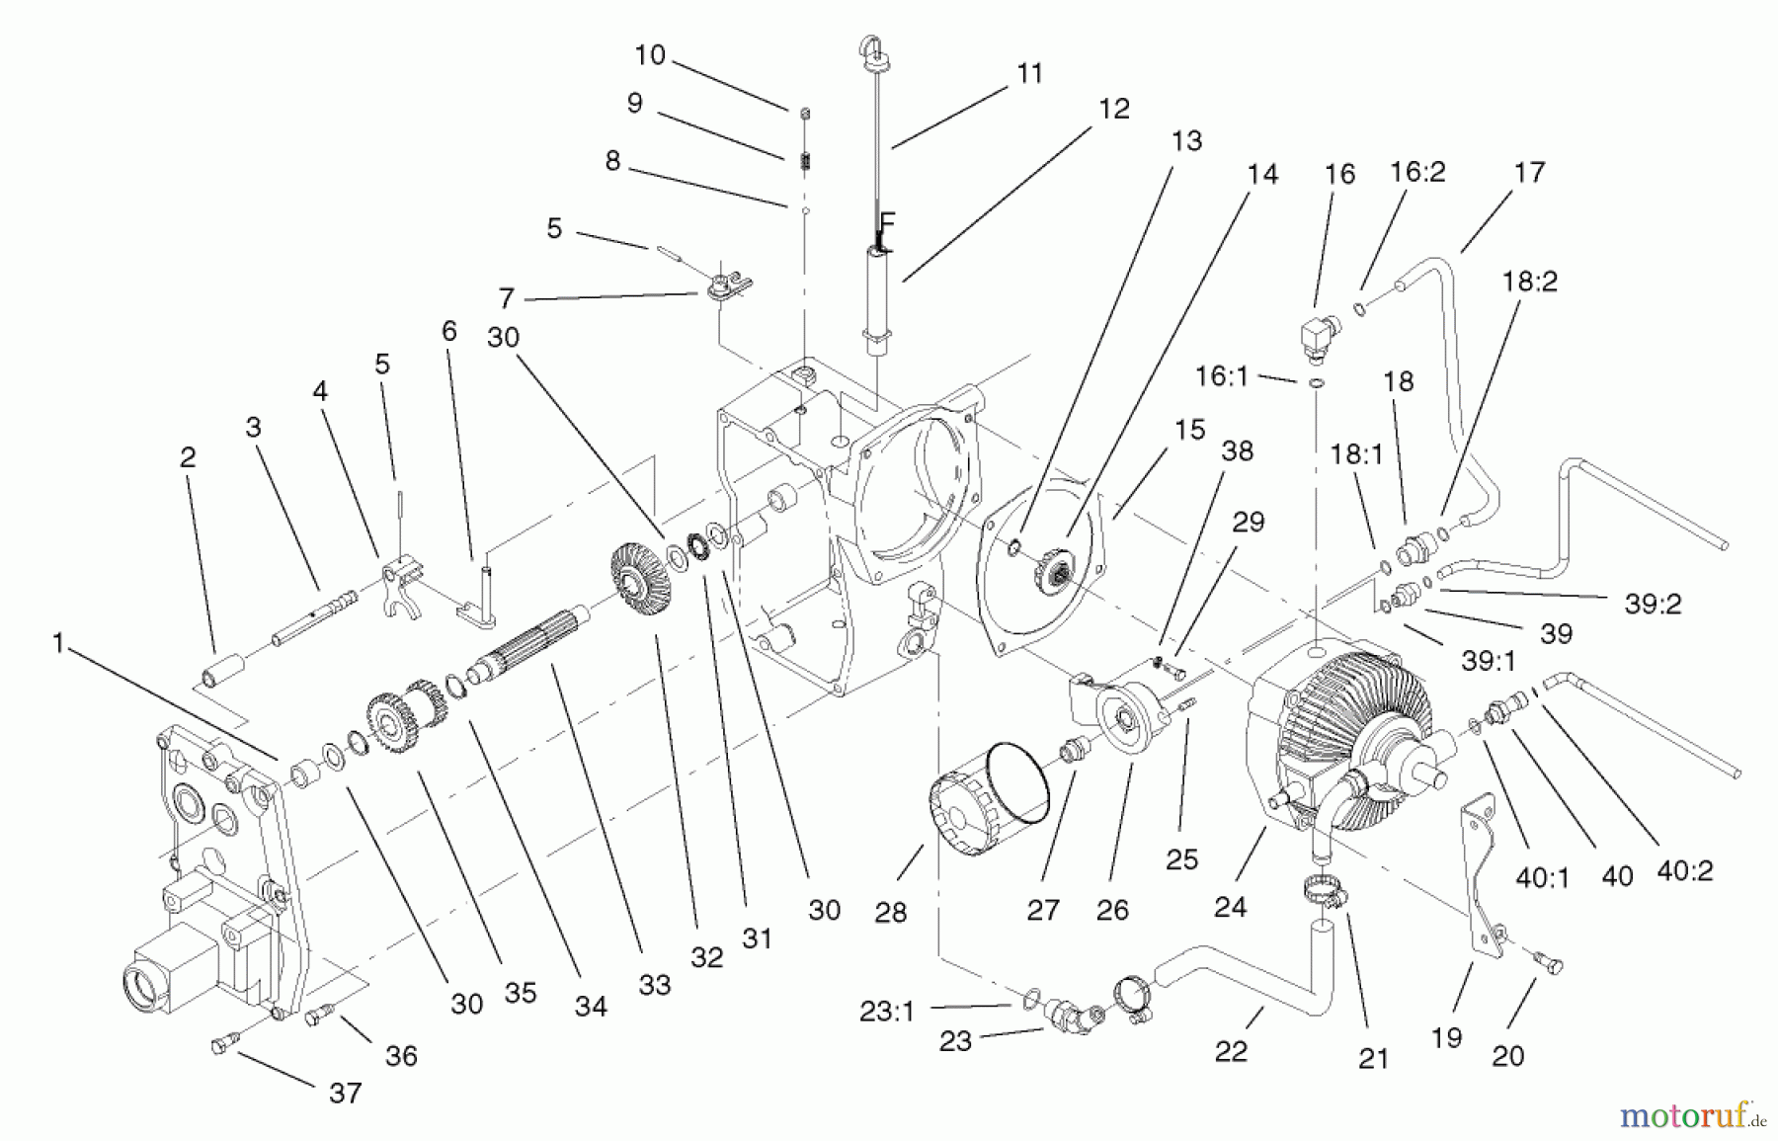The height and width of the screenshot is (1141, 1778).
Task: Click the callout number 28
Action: pyautogui.click(x=890, y=912)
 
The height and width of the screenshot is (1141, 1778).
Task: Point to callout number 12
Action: pyautogui.click(x=1113, y=109)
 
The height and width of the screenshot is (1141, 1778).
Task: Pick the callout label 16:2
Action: pyautogui.click(x=1417, y=172)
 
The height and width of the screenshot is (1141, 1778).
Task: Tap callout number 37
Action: pyautogui.click(x=345, y=1093)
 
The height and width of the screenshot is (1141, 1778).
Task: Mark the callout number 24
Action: pyautogui.click(x=1230, y=906)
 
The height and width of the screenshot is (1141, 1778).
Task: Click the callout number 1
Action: pyautogui.click(x=58, y=644)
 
